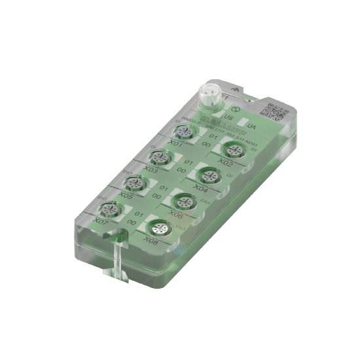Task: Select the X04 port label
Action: [201, 189]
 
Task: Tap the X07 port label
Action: [101, 221]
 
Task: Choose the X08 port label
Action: [150, 242]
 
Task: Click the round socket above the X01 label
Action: [185, 132]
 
